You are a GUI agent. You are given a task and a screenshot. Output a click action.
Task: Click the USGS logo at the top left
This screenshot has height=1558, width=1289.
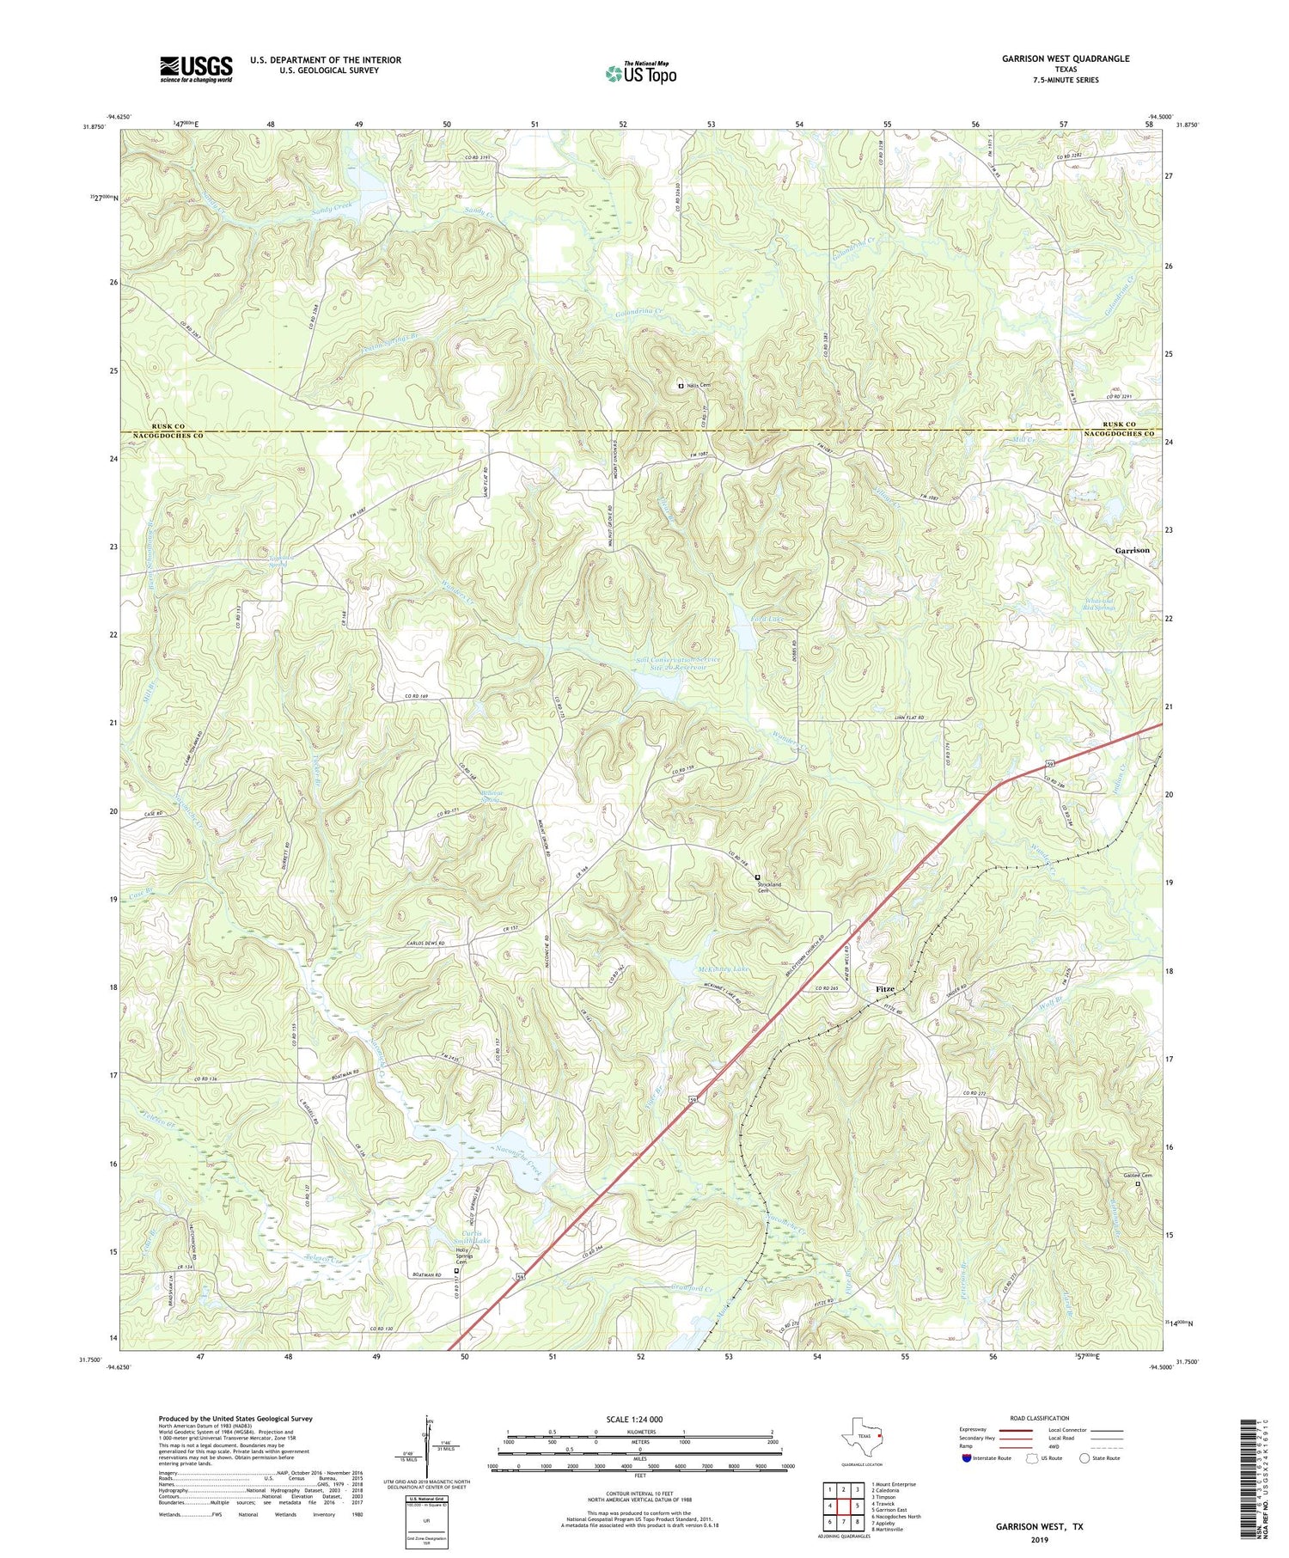click(196, 69)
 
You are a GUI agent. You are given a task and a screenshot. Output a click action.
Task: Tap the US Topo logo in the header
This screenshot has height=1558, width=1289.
click(639, 73)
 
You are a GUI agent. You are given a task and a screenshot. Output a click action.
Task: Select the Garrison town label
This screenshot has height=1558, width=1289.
click(1132, 550)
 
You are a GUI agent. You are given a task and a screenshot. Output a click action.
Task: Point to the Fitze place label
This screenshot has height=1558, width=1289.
click(886, 989)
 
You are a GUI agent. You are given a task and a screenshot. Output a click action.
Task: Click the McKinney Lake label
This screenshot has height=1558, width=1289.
click(724, 968)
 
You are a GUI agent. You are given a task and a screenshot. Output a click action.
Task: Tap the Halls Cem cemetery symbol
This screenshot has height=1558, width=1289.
click(681, 387)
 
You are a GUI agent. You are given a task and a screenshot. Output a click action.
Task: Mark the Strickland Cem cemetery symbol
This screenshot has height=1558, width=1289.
click(757, 877)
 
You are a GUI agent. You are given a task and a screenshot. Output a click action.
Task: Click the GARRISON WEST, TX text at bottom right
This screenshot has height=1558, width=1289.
click(1039, 1526)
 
